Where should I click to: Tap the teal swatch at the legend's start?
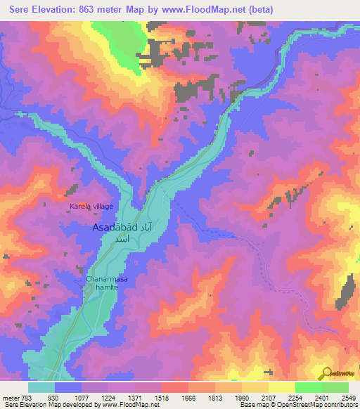[x=41, y=388]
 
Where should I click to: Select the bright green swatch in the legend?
[x=308, y=388]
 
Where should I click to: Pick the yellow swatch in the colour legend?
[x=281, y=388]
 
